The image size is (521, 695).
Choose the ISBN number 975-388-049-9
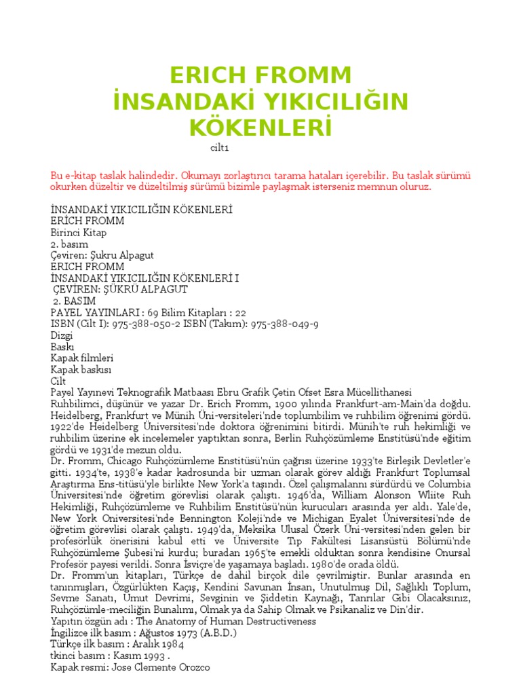(285, 324)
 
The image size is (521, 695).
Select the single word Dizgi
(62, 336)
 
